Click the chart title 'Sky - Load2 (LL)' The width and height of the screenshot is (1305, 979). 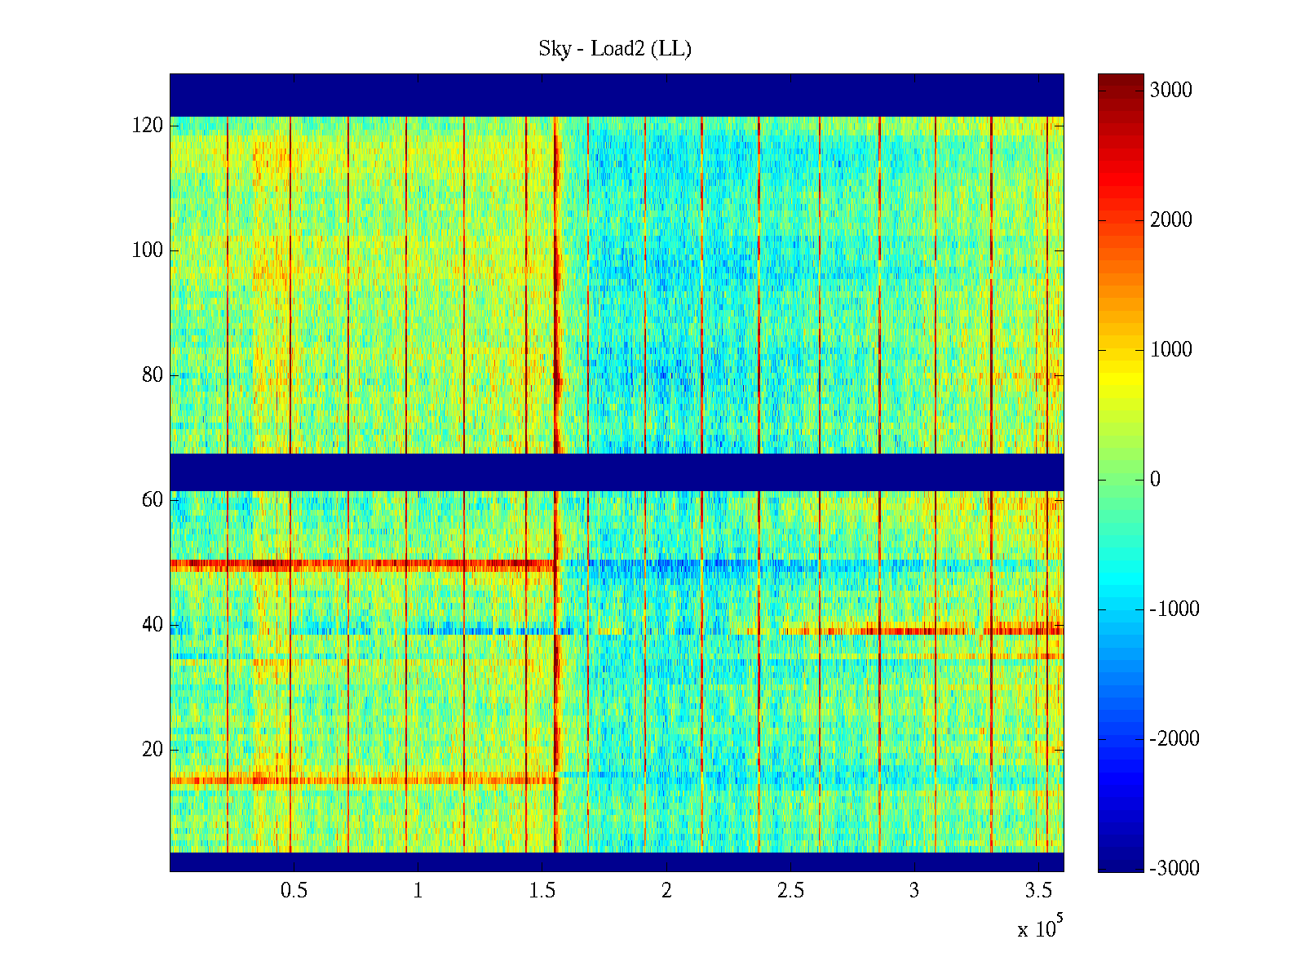pyautogui.click(x=615, y=49)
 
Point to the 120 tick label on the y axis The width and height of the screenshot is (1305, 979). pyautogui.click(x=148, y=126)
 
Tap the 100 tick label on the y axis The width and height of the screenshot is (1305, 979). pyautogui.click(x=148, y=250)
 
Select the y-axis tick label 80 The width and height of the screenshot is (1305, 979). pyautogui.click(x=153, y=375)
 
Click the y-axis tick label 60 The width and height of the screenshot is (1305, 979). pyautogui.click(x=153, y=500)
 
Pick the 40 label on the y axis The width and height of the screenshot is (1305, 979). pyautogui.click(x=153, y=625)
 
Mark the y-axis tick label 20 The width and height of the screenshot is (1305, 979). pyautogui.click(x=153, y=750)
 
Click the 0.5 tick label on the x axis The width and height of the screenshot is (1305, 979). pyautogui.click(x=294, y=891)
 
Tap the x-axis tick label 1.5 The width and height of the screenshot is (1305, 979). pyautogui.click(x=542, y=891)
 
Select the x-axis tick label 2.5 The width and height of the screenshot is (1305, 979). pyautogui.click(x=790, y=891)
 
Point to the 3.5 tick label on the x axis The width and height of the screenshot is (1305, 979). pyautogui.click(x=1038, y=891)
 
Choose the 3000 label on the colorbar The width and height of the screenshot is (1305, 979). pyautogui.click(x=1170, y=91)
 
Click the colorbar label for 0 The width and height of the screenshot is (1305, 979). pyautogui.click(x=1155, y=480)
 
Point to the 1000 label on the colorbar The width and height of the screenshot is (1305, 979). pyautogui.click(x=1170, y=350)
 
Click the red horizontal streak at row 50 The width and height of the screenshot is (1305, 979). pyautogui.click(x=359, y=564)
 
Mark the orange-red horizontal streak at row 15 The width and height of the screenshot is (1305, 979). pyautogui.click(x=359, y=781)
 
